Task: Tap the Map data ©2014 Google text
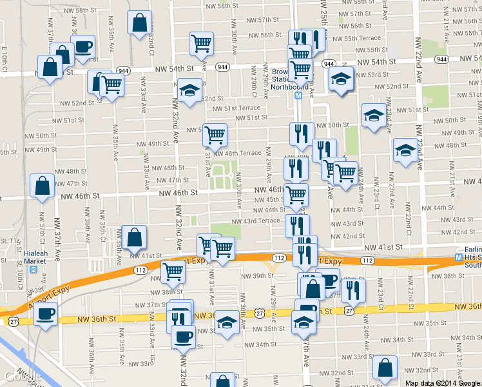point(441,382)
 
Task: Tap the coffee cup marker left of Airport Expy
point(45,314)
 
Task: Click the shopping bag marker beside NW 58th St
point(139,24)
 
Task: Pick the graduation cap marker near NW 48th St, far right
point(405,151)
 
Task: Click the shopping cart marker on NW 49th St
point(215,134)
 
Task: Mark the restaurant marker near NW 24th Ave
point(353,290)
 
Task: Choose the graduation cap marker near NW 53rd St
point(341,79)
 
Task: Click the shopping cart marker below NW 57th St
point(202,43)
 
